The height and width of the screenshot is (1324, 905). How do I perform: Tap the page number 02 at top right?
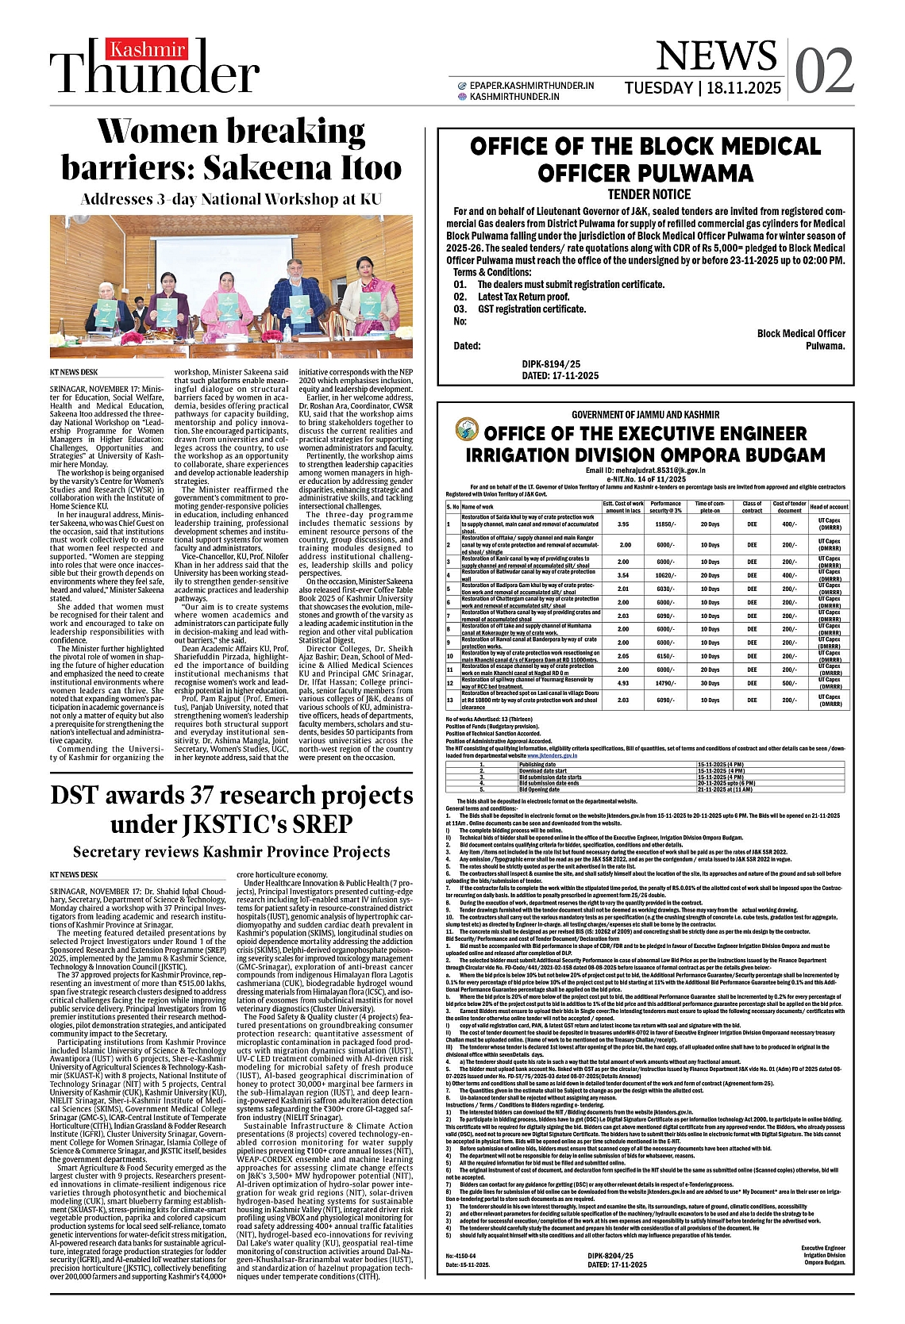[x=824, y=71]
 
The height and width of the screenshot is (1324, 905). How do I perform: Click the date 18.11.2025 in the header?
[x=742, y=88]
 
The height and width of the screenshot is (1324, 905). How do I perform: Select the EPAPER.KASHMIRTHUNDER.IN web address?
[x=531, y=86]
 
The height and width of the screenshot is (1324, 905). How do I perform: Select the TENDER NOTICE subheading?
[x=649, y=194]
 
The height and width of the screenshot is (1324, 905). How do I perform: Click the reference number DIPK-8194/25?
[x=551, y=364]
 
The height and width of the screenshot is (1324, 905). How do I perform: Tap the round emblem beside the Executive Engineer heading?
[x=467, y=431]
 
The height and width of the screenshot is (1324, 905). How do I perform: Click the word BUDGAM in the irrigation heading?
[x=781, y=455]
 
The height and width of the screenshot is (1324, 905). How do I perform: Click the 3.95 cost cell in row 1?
[x=623, y=524]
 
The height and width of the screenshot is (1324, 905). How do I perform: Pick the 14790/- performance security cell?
[x=665, y=682]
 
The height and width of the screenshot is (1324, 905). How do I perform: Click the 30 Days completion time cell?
[x=710, y=682]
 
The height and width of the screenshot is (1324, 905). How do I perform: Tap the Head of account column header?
[x=829, y=506]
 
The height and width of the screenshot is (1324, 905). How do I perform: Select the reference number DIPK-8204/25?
[x=610, y=1256]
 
